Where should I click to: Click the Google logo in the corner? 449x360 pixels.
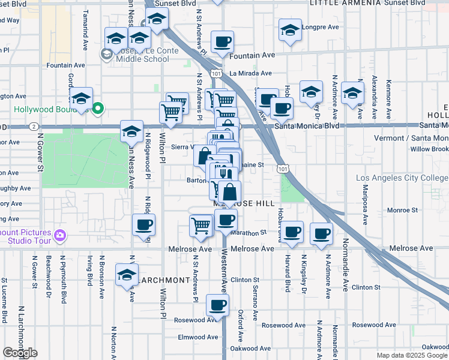pos(20,353)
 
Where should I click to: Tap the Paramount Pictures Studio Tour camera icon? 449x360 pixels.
pos(59,235)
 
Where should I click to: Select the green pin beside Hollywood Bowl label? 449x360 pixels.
pos(98,108)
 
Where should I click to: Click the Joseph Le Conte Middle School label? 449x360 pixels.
pos(144,55)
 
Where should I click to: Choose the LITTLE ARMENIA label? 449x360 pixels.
pos(345,3)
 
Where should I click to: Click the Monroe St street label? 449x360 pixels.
pos(402,211)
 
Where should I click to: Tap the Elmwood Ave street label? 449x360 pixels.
pos(199,337)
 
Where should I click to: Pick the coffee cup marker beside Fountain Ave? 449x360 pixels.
pos(222,41)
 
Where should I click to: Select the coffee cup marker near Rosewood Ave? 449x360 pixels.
pos(217,304)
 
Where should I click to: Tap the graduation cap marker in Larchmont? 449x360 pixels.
pos(127,274)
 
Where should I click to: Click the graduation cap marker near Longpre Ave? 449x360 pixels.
pos(290,30)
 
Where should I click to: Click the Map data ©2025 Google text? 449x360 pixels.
pos(412,355)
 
